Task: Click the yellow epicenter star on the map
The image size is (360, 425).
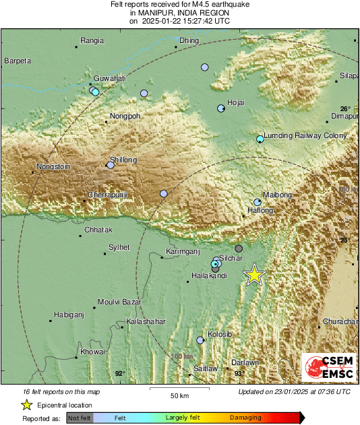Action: (255, 275)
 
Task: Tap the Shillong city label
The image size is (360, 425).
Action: (123, 160)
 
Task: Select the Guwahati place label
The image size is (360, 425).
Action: (92, 78)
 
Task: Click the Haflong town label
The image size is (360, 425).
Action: (260, 211)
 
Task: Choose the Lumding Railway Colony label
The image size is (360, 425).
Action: (305, 135)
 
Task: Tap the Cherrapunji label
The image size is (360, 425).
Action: (108, 195)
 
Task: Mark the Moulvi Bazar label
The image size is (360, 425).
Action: (118, 302)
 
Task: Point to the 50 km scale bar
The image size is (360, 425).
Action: (179, 389)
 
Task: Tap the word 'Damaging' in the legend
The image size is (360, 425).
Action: (245, 418)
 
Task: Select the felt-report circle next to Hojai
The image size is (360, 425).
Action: (220, 108)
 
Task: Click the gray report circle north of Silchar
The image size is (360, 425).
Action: (238, 249)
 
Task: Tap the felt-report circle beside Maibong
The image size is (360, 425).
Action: (257, 202)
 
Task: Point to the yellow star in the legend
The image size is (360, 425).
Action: (26, 405)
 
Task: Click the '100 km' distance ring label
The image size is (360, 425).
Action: (181, 356)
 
